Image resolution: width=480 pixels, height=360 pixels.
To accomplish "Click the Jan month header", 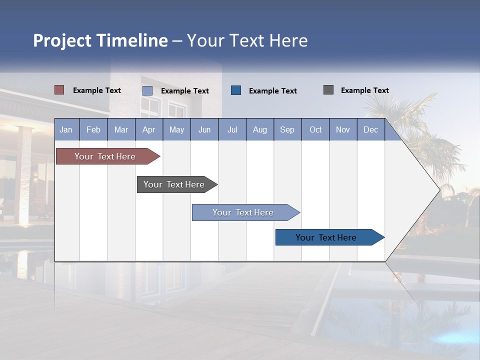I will pyautogui.click(x=66, y=129).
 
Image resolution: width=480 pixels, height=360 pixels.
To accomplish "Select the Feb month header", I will pyautogui.click(x=93, y=129).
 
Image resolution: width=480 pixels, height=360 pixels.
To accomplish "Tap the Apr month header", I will pyautogui.click(x=149, y=129).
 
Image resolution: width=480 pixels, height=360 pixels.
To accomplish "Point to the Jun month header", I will pyautogui.click(x=204, y=129).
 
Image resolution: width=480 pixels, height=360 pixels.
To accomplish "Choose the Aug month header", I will pyautogui.click(x=260, y=129).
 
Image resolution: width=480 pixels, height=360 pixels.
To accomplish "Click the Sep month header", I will pyautogui.click(x=287, y=129).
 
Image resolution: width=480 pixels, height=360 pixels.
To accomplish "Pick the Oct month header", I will pyautogui.click(x=315, y=129).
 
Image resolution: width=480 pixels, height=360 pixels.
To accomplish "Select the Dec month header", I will pyautogui.click(x=371, y=129).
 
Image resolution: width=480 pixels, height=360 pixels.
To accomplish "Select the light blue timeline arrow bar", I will pyautogui.click(x=243, y=212).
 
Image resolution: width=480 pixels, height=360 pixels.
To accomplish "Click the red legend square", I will pyautogui.click(x=59, y=90).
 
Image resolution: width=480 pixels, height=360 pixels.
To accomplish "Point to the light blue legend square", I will pyautogui.click(x=147, y=90).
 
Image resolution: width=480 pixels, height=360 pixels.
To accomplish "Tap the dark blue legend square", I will pyautogui.click(x=236, y=90).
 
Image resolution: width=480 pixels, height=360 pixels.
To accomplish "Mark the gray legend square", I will pyautogui.click(x=328, y=90).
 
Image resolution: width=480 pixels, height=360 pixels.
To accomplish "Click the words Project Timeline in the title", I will pyautogui.click(x=100, y=40).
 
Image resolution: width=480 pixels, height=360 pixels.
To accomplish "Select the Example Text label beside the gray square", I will pyautogui.click(x=365, y=90).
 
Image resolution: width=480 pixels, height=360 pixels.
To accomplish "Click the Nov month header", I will pyautogui.click(x=343, y=129).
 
